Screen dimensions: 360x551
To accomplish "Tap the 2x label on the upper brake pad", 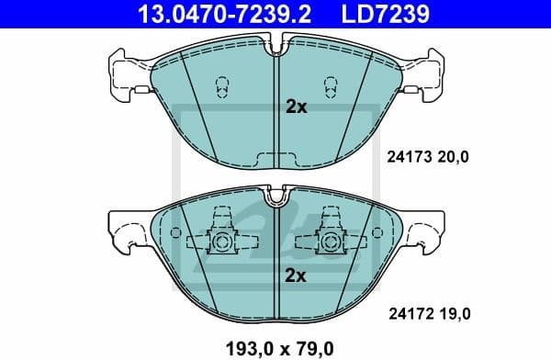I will pos(295,107).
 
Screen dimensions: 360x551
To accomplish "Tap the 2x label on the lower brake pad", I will pos(295,276).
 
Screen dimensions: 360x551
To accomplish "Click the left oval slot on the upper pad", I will pos(221,87).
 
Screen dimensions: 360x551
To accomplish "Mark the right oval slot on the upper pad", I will pos(328,87).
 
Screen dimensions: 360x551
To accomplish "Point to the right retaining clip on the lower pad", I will pos(329,240).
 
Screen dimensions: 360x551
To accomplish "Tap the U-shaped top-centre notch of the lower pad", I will pos(275,195).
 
